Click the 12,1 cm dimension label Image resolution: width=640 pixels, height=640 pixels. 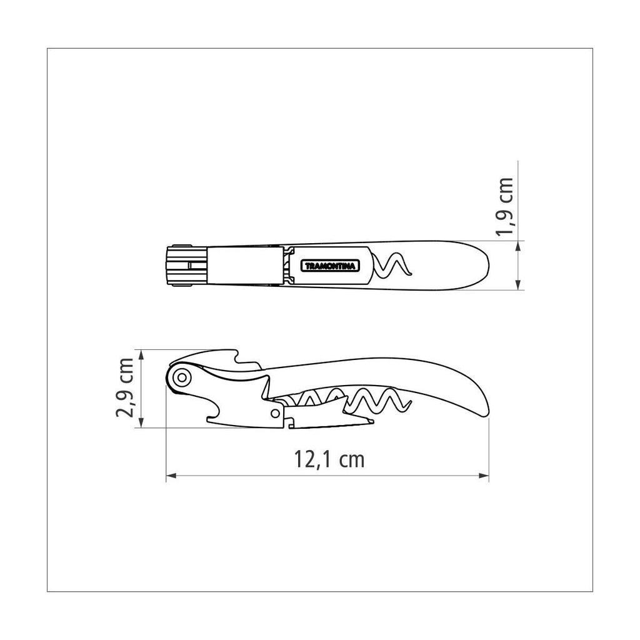point(329,459)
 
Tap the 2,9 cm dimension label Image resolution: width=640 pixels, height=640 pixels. point(125,387)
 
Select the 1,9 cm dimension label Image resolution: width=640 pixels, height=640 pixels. point(504,207)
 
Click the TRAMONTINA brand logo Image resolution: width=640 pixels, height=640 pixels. point(331,266)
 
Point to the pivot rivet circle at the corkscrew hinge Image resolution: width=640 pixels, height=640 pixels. point(182,377)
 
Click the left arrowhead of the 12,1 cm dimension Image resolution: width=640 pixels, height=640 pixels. point(171,476)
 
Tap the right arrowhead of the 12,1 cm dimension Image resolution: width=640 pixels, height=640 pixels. point(484,476)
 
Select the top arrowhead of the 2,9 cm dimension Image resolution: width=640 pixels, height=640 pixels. point(141,355)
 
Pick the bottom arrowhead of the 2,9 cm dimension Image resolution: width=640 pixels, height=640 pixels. point(141,422)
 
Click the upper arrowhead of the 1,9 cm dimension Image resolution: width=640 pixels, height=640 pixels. point(517,246)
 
